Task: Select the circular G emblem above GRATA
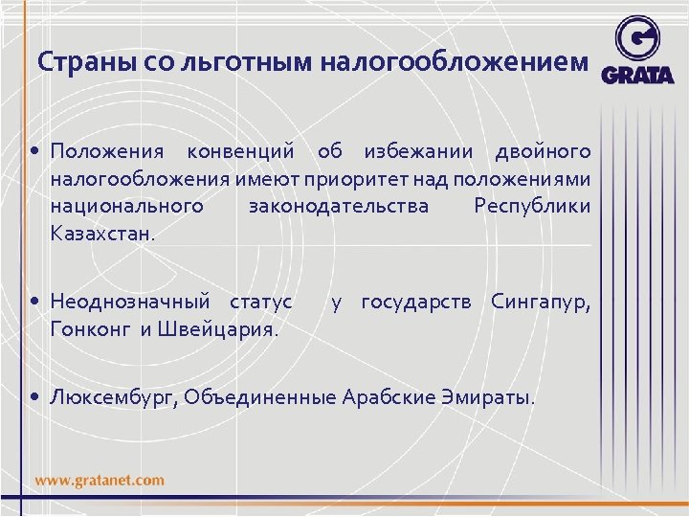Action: [637, 39]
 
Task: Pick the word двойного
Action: [543, 152]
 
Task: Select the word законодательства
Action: [339, 206]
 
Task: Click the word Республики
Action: [532, 206]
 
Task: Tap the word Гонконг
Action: [93, 330]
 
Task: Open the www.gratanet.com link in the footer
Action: [100, 480]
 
